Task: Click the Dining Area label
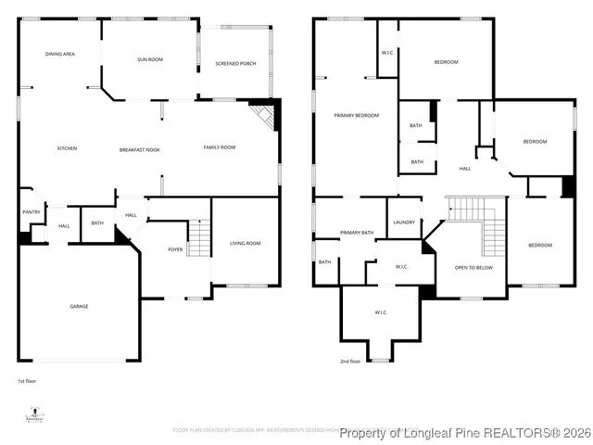60,55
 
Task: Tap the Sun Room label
150,59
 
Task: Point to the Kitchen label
67,148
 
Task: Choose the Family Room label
220,147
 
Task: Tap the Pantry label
30,212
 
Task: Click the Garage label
79,306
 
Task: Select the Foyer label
175,249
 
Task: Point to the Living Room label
246,243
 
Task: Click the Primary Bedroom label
357,115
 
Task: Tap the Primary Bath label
357,233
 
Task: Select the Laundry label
404,222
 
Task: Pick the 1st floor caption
27,381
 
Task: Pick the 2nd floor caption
349,362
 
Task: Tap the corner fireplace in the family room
267,115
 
